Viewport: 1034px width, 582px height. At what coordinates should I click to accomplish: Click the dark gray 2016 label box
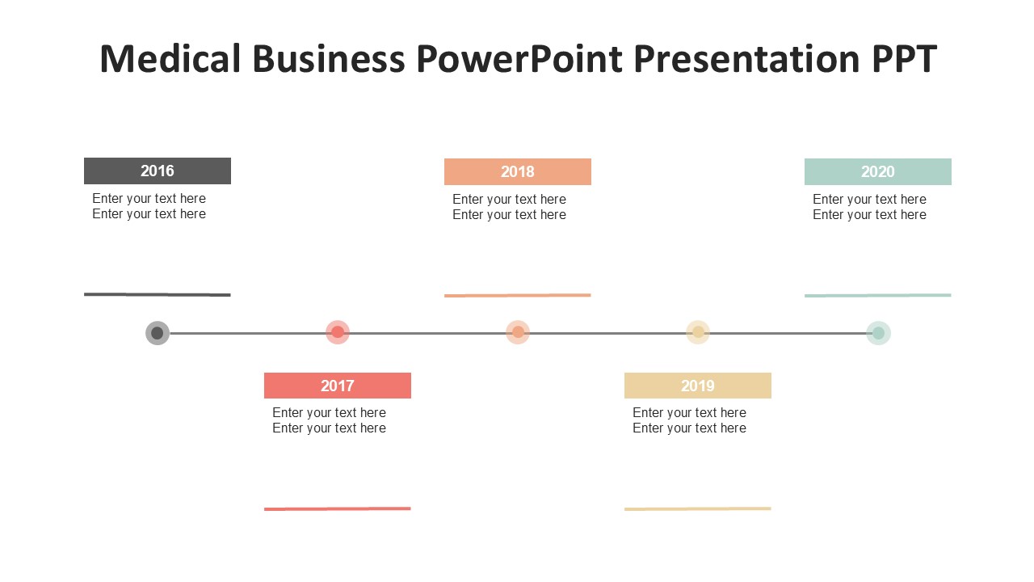[158, 171]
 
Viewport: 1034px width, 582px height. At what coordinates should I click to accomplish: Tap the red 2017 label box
[338, 386]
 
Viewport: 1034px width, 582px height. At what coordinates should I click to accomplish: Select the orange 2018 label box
[518, 172]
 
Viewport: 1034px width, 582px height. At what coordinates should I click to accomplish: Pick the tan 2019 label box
[697, 386]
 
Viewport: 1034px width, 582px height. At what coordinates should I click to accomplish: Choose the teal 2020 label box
[877, 172]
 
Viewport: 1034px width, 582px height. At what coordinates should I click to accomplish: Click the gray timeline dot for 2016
[158, 332]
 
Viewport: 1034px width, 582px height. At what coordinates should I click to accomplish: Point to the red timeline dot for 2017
[338, 332]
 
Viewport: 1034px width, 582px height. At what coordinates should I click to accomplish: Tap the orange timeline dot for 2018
[518, 332]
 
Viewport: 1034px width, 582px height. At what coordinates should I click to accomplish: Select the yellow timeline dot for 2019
[698, 332]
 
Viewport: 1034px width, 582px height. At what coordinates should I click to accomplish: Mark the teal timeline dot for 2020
[878, 332]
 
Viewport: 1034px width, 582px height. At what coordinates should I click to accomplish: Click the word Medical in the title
[170, 59]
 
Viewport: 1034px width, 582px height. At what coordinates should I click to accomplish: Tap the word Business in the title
[329, 59]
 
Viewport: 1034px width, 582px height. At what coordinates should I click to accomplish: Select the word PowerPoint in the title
[519, 59]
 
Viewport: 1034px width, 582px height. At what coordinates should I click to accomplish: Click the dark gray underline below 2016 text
[158, 294]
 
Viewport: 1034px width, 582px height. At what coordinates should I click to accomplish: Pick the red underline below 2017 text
[338, 508]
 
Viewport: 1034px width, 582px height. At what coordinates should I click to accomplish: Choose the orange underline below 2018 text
[518, 295]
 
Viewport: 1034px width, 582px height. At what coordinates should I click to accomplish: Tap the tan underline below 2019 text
[697, 508]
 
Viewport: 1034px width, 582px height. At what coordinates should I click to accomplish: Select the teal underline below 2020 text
[877, 295]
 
